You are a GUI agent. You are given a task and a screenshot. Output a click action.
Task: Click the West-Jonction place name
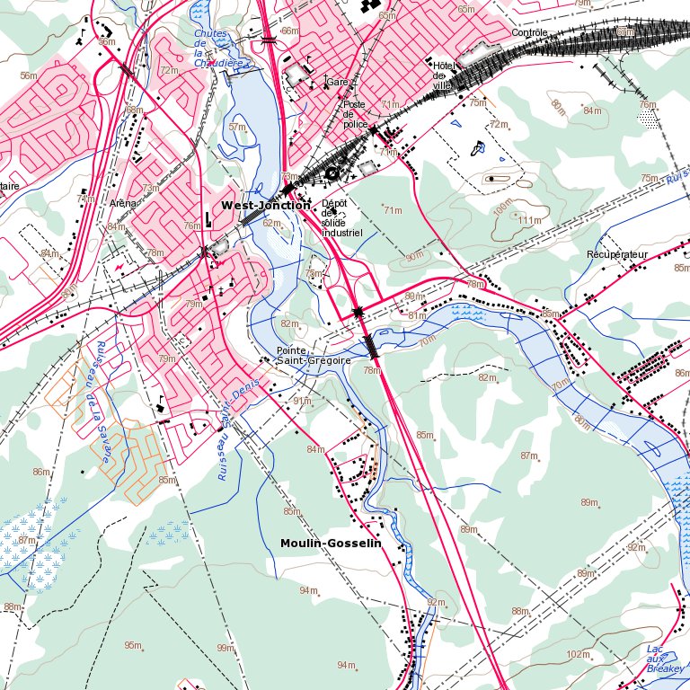tap(266, 206)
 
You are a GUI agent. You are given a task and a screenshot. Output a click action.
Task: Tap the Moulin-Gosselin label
tap(331, 544)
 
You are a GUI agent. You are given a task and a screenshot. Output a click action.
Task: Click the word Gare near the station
tap(338, 82)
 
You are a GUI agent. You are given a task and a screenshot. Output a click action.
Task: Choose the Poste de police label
tap(356, 114)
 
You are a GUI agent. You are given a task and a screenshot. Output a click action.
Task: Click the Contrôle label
tap(528, 33)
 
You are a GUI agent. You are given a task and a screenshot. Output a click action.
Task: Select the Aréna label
tap(122, 204)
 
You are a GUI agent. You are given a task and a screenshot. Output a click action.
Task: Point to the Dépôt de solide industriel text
tap(341, 217)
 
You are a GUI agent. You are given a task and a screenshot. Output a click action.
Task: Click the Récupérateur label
tap(616, 255)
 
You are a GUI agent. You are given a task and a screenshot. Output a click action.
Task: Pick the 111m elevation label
tap(530, 220)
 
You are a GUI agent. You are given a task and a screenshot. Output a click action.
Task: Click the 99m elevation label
tap(225, 648)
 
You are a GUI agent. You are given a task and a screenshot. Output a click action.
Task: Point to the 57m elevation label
tap(237, 127)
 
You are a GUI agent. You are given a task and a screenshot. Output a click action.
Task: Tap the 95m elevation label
tap(133, 645)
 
